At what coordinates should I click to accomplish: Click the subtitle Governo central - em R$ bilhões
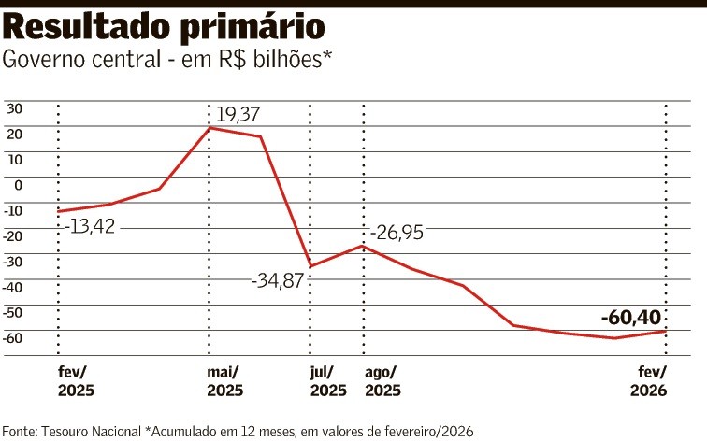coord(168,61)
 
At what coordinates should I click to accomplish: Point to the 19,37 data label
coord(238,115)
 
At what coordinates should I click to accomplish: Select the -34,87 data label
coord(278,279)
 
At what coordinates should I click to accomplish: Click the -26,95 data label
coord(397,233)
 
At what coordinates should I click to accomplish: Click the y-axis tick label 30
coord(14,107)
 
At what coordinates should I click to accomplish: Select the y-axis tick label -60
coord(13,337)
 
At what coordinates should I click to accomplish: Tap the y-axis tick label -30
coord(13,261)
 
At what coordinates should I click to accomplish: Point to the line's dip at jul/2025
coord(310,266)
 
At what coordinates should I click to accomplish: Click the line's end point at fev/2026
coord(665,332)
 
